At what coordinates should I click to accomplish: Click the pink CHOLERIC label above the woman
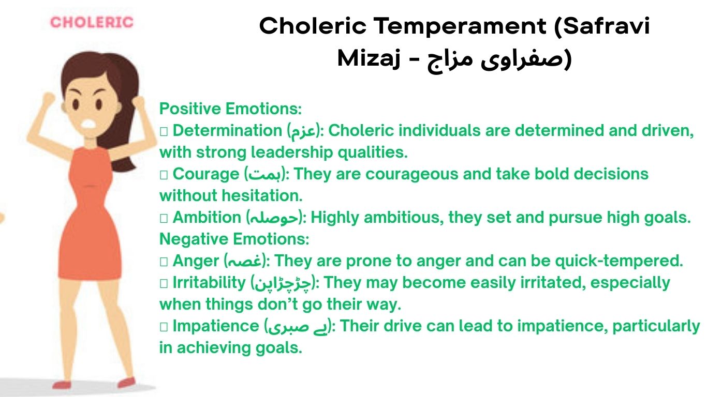[92, 22]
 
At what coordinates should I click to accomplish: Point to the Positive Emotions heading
[230, 109]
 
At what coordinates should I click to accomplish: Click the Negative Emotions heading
[234, 239]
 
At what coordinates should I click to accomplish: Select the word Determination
[227, 131]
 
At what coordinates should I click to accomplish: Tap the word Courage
[206, 174]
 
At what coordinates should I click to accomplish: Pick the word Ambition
[207, 218]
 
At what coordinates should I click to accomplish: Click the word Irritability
[209, 283]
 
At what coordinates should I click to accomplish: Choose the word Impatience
[216, 326]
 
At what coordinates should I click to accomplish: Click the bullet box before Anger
[164, 262]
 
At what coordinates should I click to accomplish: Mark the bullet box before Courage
[164, 174]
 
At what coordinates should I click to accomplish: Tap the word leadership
[292, 152]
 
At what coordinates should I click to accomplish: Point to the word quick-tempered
[618, 261]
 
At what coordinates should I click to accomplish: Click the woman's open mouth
[89, 124]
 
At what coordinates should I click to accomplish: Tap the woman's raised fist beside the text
[139, 103]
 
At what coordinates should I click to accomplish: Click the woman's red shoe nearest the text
[127, 383]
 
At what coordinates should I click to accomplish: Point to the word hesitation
[262, 196]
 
